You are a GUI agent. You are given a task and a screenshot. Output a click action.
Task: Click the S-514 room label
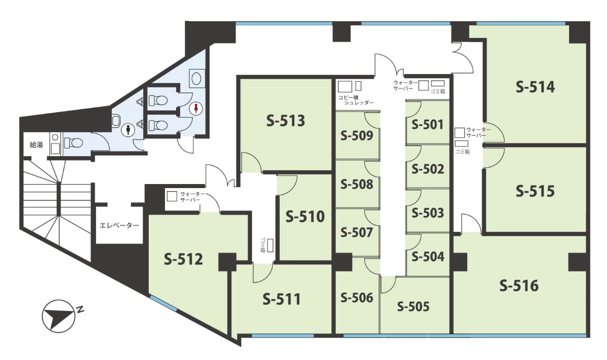[535, 87]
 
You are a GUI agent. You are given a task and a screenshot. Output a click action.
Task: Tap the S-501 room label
[427, 124]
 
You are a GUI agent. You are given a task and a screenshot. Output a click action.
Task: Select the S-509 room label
[357, 136]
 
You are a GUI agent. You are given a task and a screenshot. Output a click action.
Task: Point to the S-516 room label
[519, 286]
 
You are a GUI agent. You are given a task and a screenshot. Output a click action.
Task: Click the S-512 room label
[184, 259]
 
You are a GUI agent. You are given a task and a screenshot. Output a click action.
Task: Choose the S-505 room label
[413, 306]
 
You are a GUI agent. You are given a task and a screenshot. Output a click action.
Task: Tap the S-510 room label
[305, 216]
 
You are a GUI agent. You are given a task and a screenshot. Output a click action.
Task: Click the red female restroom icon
[195, 108]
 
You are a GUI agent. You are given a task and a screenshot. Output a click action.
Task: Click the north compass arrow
[58, 316]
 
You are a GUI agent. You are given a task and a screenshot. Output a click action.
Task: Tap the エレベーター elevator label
[119, 226]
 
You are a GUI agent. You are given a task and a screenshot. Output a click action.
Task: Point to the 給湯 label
[36, 145]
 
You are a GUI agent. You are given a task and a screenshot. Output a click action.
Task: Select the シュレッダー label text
[359, 103]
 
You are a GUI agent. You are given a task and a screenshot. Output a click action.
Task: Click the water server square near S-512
[172, 196]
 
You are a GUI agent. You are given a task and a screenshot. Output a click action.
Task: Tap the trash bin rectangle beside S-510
[270, 245]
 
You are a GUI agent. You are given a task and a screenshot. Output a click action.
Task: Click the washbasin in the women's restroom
[196, 78]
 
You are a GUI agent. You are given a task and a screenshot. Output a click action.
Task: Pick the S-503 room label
[427, 213]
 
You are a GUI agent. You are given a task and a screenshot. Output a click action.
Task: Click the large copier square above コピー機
[345, 86]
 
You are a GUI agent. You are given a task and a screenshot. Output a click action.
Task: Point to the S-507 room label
[357, 233]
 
